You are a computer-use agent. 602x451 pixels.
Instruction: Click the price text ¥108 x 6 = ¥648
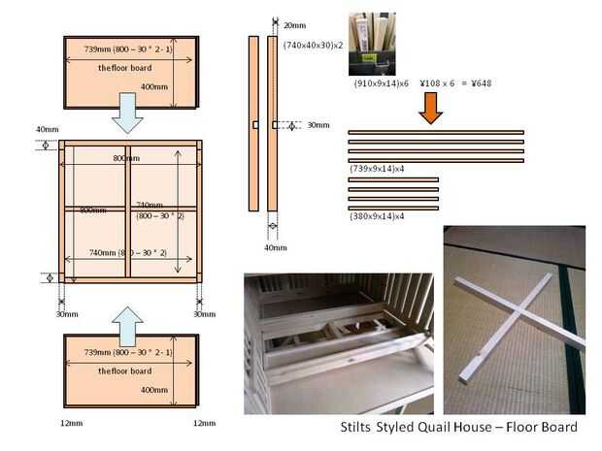click(455, 83)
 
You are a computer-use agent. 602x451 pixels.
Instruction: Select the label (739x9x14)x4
click(377, 168)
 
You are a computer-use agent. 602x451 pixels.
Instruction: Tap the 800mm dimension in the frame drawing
click(125, 158)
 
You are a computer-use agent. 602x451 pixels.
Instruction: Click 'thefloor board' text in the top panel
click(124, 68)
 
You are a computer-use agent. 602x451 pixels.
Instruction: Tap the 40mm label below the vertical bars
click(277, 246)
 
